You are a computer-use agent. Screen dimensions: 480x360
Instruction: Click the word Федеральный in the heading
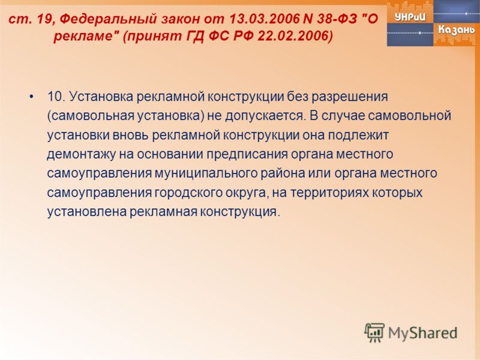click(x=108, y=19)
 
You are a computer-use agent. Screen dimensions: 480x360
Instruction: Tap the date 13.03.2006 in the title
click(x=264, y=19)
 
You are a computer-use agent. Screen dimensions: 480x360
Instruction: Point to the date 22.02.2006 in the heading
click(x=295, y=37)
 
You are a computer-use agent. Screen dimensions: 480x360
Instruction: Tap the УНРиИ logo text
click(x=410, y=17)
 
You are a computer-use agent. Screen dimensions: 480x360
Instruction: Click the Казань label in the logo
click(x=457, y=30)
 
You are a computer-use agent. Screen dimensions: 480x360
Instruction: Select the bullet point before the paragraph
click(x=31, y=97)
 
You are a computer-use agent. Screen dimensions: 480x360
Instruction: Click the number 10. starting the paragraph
click(x=56, y=97)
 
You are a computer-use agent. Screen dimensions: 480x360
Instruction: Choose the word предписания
click(x=247, y=155)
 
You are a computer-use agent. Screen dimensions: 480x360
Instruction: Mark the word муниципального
click(x=206, y=174)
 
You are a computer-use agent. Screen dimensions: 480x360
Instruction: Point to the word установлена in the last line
click(x=87, y=212)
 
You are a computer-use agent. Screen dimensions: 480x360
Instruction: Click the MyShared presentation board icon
click(x=374, y=332)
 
